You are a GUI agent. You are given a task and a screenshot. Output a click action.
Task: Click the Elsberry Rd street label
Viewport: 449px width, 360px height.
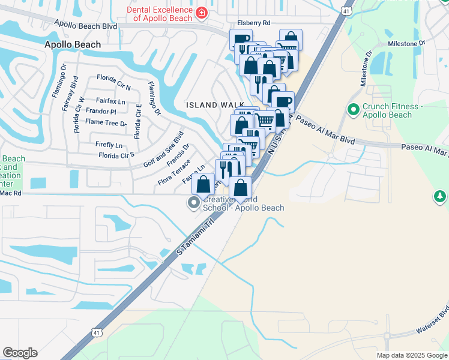click(x=254, y=23)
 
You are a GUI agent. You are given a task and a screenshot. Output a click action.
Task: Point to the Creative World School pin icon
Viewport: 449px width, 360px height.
click(x=193, y=203)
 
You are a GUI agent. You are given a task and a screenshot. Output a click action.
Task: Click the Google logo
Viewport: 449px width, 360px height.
click(x=20, y=353)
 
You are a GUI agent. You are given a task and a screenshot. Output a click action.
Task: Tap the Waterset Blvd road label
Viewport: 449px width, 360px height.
click(x=433, y=323)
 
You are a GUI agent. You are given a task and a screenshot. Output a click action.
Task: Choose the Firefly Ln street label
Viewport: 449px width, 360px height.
click(x=109, y=145)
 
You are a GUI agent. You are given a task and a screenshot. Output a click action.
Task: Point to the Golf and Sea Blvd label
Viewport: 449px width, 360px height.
click(x=163, y=149)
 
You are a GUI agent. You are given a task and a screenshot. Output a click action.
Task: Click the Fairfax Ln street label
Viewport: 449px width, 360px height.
click(x=110, y=101)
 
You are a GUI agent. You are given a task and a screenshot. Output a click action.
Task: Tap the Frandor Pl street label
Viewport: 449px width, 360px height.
click(x=101, y=112)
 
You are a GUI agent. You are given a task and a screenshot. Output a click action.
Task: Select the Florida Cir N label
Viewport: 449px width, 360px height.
click(x=113, y=79)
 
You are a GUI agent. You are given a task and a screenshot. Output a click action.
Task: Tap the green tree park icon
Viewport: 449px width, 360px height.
click(x=441, y=196)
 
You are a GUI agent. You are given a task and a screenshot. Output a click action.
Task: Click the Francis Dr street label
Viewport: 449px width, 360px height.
click(x=178, y=155)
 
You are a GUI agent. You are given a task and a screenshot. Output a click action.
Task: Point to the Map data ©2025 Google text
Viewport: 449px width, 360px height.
click(x=412, y=355)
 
